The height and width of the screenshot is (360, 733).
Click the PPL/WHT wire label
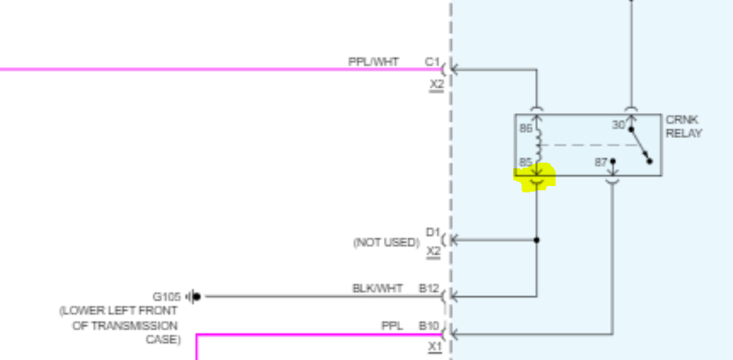point(373,62)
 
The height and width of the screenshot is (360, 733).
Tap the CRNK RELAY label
point(684,127)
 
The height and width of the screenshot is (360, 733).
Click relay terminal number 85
point(525,162)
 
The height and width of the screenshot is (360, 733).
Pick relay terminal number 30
point(618,124)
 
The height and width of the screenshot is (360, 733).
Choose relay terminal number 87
point(601,162)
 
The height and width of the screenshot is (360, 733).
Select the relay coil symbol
point(539,144)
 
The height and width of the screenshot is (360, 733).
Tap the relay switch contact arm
point(640,144)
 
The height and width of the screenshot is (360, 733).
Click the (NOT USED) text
point(386,243)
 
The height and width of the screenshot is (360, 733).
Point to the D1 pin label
point(433,232)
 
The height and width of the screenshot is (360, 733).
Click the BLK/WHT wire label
point(377,289)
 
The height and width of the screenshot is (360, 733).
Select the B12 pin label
point(429,289)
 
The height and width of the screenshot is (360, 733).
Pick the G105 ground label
point(167,296)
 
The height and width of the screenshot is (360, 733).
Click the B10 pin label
point(429,326)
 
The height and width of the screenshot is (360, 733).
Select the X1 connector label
point(435,347)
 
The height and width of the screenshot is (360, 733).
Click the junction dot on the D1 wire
point(536,240)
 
